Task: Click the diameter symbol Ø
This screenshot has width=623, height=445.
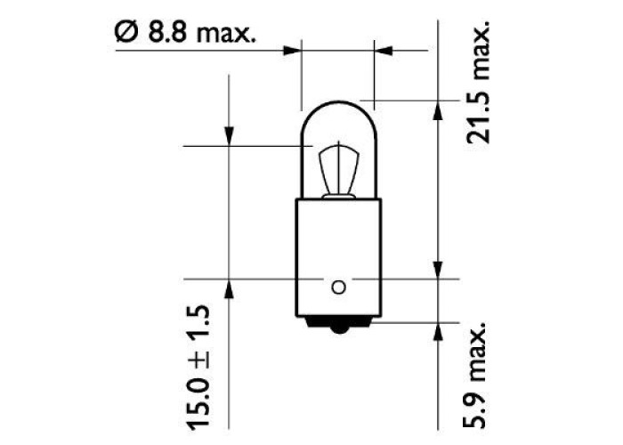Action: pos(126,32)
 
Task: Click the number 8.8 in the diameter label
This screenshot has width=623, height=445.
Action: pos(167,32)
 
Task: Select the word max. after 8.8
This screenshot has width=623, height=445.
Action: pos(226,34)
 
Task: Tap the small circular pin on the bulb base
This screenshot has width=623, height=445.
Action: pos(338,287)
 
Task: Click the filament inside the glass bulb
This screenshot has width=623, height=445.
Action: pos(338,170)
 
